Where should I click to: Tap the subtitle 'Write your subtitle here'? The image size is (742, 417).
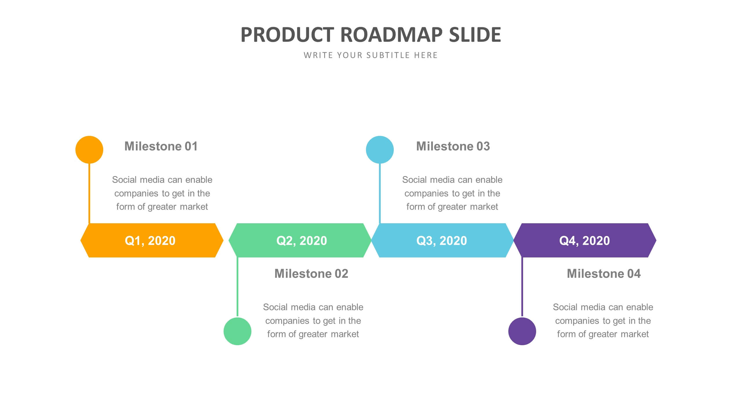point(371,55)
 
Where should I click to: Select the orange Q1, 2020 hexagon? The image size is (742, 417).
point(151,240)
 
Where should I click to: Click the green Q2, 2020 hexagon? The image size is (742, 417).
point(300,240)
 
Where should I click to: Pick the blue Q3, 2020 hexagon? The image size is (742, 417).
point(442,240)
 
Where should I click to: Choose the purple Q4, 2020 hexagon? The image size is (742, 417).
point(585,240)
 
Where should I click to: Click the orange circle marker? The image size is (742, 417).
point(89,150)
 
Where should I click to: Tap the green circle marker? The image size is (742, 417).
point(237,331)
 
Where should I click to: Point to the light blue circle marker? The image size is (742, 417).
point(380,150)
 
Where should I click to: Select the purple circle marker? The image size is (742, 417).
point(522,331)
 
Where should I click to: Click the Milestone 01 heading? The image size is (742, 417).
point(161,146)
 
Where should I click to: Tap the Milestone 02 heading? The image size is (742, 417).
point(311,274)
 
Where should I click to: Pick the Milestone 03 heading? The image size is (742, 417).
point(453,146)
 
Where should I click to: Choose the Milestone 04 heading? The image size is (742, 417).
point(604,274)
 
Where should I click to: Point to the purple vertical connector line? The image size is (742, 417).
point(522,287)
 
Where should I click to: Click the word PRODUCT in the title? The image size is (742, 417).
point(287,35)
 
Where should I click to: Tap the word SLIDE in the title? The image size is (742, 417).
point(475,35)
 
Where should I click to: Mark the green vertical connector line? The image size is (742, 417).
point(237,287)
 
